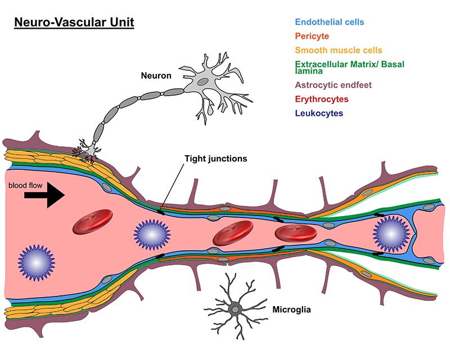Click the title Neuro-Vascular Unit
(x=74, y=24)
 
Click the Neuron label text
(x=156, y=75)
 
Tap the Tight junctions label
(x=215, y=159)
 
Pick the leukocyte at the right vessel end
(x=389, y=232)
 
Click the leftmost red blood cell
(x=93, y=221)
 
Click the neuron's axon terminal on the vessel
(x=87, y=148)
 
